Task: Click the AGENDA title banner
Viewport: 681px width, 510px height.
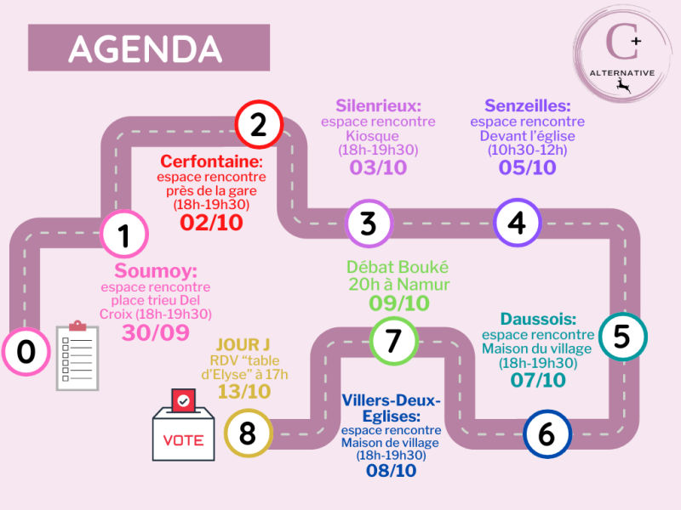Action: click(149, 48)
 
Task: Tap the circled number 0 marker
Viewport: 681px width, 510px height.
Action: click(26, 351)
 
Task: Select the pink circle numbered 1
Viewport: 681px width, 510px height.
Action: click(124, 235)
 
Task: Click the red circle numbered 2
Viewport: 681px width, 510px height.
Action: click(260, 124)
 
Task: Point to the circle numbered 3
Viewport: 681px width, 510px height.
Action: click(369, 224)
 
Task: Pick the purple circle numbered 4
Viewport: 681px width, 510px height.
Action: click(518, 223)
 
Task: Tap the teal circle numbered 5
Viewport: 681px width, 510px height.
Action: click(623, 337)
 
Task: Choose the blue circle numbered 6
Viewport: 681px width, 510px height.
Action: click(547, 433)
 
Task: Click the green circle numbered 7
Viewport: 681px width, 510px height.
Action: click(394, 341)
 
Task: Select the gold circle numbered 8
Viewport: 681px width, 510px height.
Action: click(248, 433)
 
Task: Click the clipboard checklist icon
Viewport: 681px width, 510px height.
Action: click(77, 355)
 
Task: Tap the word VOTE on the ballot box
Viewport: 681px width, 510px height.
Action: click(183, 440)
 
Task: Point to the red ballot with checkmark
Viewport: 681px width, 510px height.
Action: click(183, 399)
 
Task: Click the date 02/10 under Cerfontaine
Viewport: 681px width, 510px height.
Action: click(211, 223)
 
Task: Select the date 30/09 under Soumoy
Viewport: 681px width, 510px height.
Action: click(156, 332)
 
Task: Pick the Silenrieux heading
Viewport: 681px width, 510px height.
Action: click(378, 105)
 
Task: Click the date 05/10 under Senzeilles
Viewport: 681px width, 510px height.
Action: click(527, 167)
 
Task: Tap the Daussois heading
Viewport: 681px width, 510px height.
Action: click(538, 319)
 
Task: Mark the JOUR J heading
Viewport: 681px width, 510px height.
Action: click(243, 345)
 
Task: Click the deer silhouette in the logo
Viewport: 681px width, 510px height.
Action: click(623, 86)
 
